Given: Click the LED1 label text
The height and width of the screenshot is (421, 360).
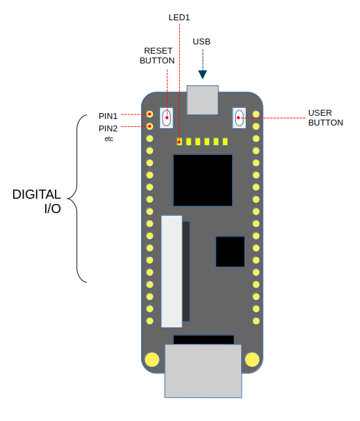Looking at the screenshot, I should coord(179,17).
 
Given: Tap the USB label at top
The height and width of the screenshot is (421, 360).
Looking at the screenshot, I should coord(202,42).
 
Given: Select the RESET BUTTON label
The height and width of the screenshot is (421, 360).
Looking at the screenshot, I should coord(157,56).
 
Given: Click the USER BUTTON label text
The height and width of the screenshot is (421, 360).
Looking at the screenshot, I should coord(325,118).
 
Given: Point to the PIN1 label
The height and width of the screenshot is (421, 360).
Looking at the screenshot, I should coord(108,116).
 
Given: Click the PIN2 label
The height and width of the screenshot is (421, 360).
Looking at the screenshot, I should coord(108,128).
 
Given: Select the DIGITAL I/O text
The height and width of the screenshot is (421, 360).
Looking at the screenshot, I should coord(38,201).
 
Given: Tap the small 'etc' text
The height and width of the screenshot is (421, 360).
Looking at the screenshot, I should coord(108,139).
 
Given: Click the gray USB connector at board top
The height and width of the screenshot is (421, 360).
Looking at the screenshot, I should coord(203,99).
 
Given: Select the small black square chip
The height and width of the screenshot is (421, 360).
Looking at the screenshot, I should coord(230,252).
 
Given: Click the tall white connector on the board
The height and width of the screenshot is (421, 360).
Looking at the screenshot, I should coord(172,271).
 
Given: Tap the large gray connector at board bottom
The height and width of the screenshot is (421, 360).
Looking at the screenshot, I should coord(203,371).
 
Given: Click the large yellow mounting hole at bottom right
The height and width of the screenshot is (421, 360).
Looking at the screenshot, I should coord(252,360).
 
